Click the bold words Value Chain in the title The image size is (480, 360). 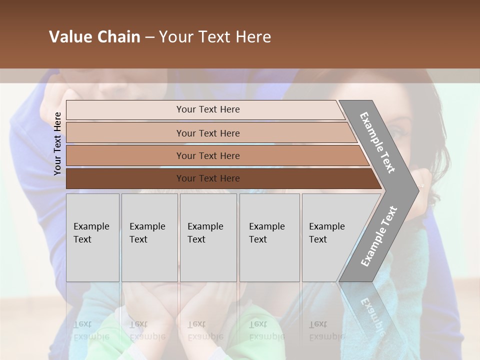(94, 37)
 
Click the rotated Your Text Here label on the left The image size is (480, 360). (57, 143)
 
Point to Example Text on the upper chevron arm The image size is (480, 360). (377, 142)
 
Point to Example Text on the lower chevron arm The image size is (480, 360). (379, 236)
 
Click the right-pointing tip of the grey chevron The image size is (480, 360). (415, 190)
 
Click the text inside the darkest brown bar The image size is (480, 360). (208, 178)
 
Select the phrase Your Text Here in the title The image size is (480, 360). (215, 37)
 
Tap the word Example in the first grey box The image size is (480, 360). (91, 226)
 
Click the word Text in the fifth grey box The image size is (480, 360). (318, 239)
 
